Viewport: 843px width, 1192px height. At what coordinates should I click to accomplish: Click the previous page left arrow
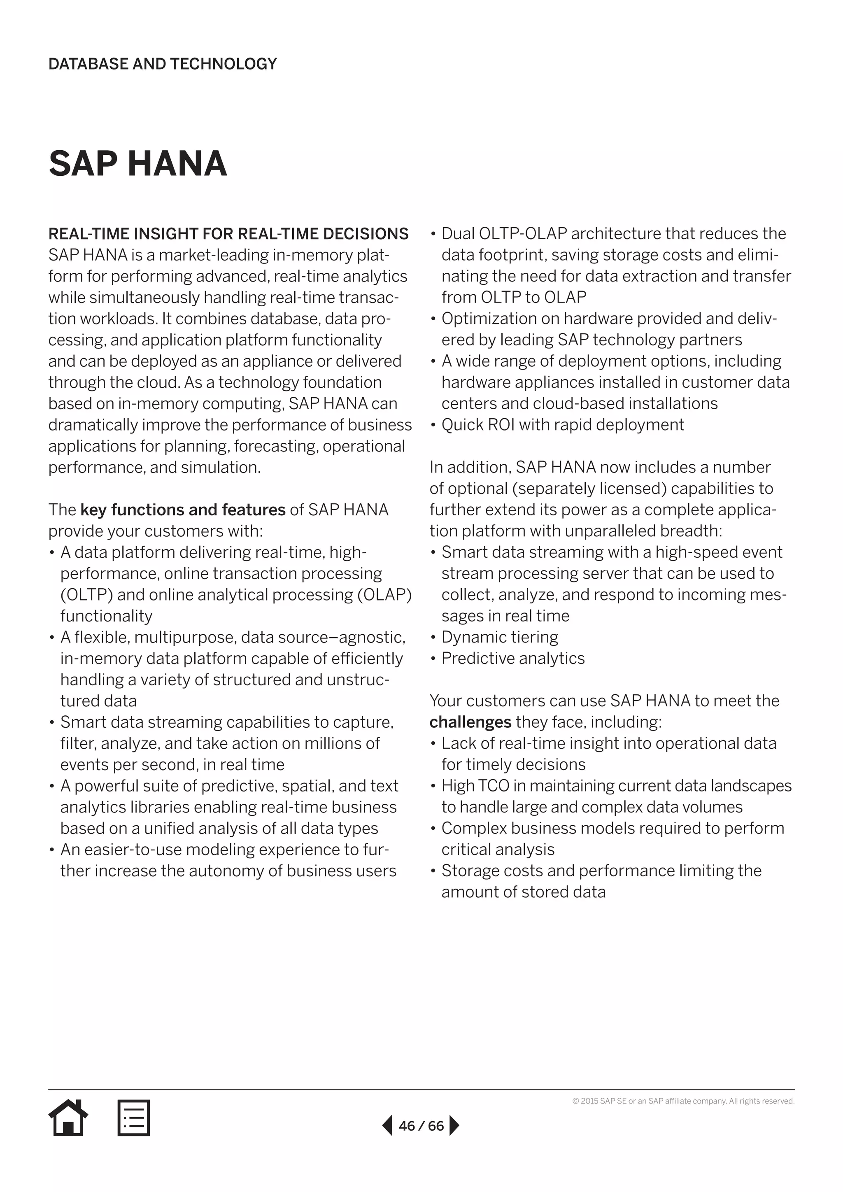point(387,1126)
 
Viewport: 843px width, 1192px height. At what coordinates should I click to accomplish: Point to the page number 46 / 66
point(421,1126)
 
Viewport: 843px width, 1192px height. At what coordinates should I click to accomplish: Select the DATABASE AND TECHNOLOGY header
point(163,64)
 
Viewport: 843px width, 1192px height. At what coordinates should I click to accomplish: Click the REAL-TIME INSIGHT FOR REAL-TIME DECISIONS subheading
point(228,234)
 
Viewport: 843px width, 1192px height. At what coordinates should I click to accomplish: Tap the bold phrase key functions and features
point(183,510)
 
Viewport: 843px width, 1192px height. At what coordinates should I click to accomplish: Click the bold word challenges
point(470,722)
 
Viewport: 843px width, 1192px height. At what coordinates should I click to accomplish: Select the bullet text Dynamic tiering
point(499,637)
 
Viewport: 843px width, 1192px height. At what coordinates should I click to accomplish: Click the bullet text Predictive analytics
point(513,658)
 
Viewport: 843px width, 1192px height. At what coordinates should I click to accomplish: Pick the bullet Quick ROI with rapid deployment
point(563,425)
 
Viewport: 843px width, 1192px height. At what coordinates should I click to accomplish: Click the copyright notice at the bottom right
point(683,1101)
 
